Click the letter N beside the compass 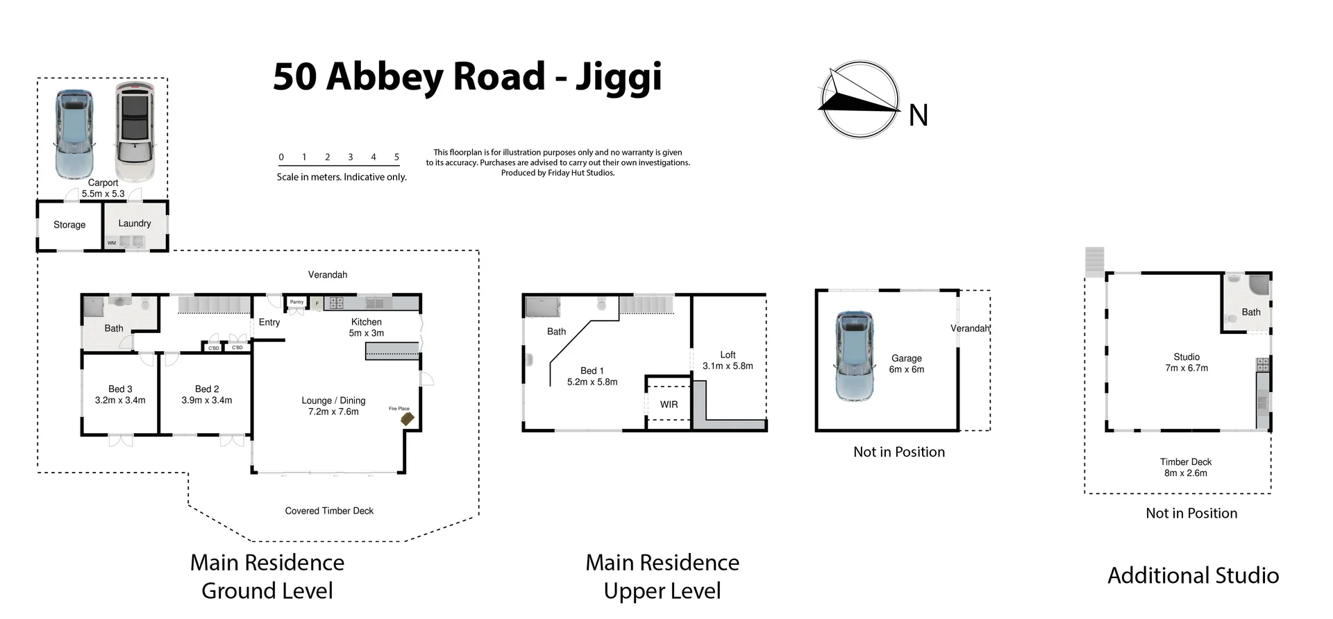(x=918, y=115)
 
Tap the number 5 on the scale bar (x=396, y=157)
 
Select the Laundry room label (x=134, y=223)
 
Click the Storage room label (x=69, y=225)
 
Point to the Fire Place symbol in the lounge (x=407, y=418)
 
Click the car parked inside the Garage (x=854, y=356)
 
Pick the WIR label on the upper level (x=669, y=405)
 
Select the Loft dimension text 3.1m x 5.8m (x=728, y=366)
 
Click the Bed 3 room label (x=120, y=389)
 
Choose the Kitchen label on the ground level (x=366, y=322)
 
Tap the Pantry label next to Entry (x=296, y=302)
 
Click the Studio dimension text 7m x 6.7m (x=1187, y=368)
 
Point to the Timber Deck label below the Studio (x=1185, y=462)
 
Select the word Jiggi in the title (x=618, y=77)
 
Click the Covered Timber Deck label (x=329, y=511)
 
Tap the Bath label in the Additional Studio (x=1250, y=312)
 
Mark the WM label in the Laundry (x=112, y=243)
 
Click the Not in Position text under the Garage (x=899, y=452)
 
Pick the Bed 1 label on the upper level (x=592, y=371)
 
